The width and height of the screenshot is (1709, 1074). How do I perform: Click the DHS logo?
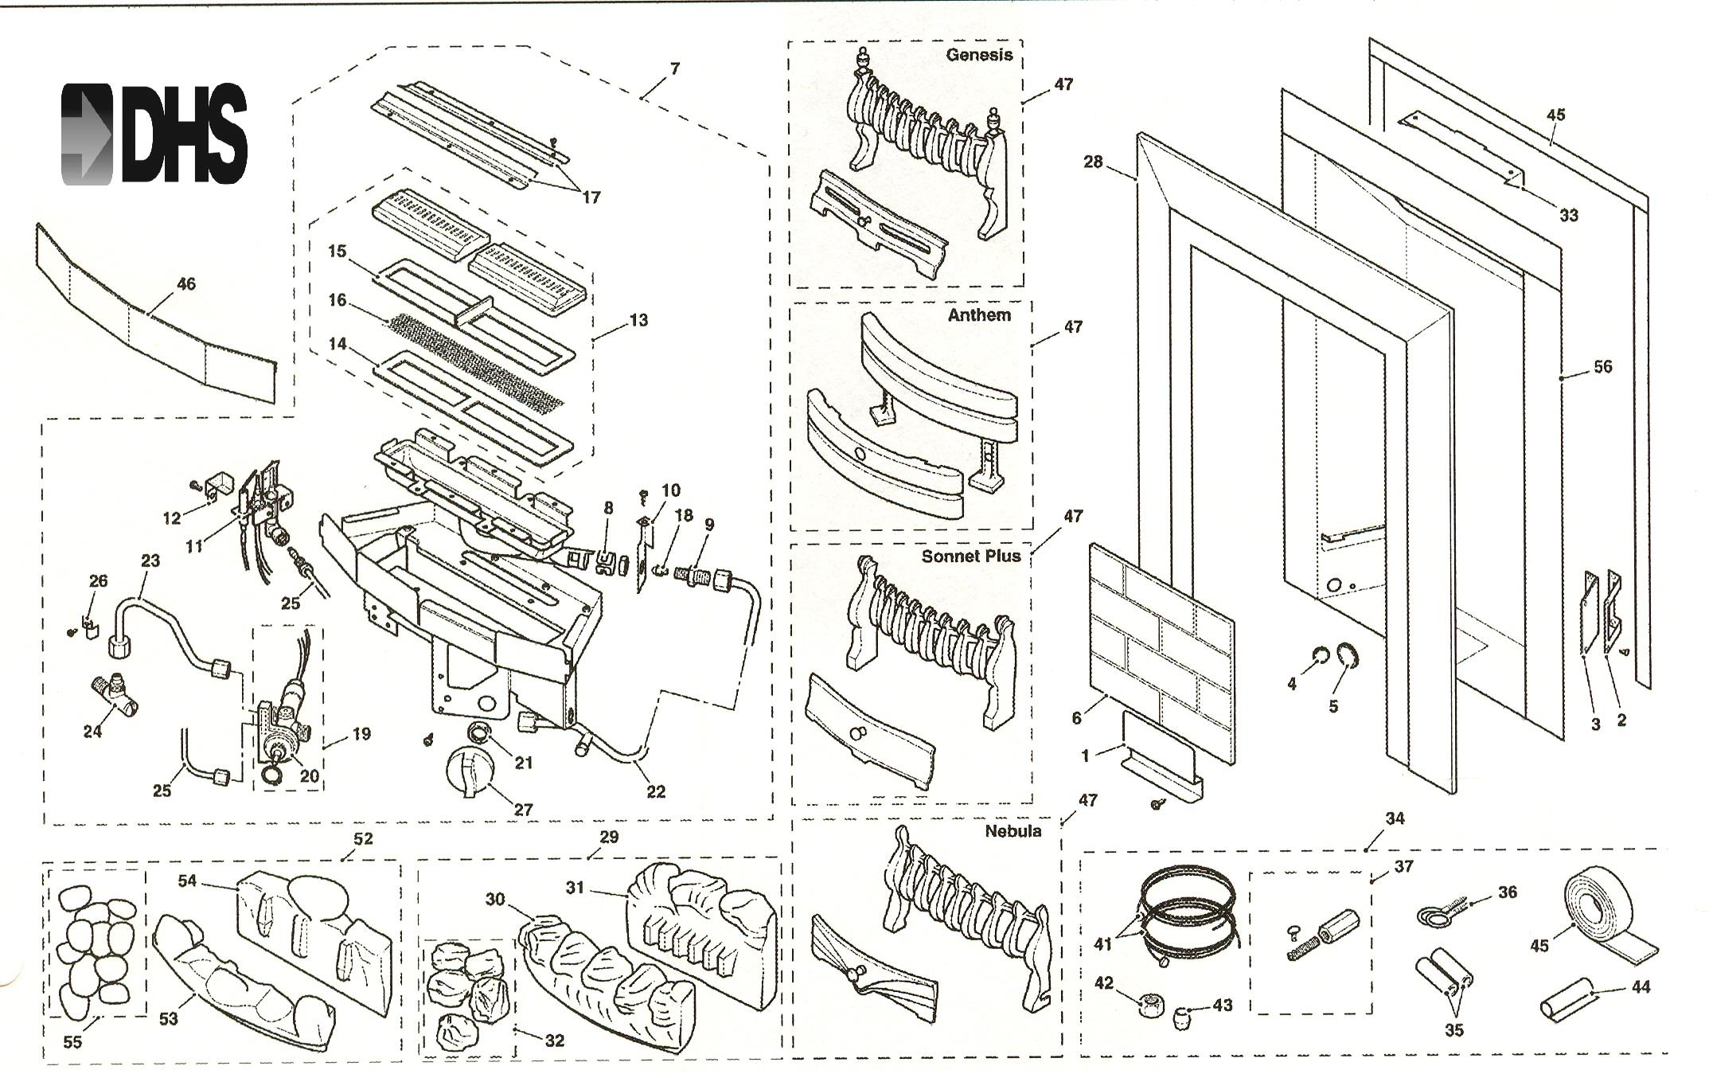click(x=154, y=134)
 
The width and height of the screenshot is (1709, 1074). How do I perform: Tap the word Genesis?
click(x=979, y=55)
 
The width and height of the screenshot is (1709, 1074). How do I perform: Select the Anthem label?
click(x=979, y=314)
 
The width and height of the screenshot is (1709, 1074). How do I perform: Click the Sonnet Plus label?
click(x=970, y=556)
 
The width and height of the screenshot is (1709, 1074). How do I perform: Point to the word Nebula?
click(x=1013, y=831)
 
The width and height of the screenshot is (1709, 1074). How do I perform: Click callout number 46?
click(x=185, y=284)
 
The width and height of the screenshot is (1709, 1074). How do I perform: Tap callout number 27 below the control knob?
click(x=522, y=810)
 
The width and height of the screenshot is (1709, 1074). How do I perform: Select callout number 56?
click(x=1602, y=367)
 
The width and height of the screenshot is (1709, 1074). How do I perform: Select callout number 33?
click(x=1568, y=215)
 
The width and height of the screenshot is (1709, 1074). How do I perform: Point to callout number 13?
click(x=638, y=321)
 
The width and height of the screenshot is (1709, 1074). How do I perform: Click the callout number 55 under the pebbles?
click(x=72, y=1042)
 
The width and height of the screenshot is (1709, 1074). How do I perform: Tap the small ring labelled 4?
click(x=1318, y=658)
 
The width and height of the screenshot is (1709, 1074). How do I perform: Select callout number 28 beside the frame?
click(x=1093, y=162)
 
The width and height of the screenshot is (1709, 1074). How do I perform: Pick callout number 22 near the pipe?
click(x=655, y=791)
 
